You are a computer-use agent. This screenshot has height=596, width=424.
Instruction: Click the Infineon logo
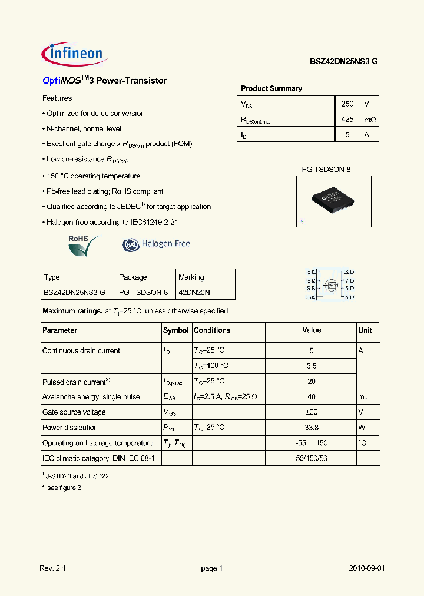coord(74,54)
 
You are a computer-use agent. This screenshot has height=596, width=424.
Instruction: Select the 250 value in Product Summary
coord(347,104)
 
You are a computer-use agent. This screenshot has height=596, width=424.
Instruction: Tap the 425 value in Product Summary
coord(347,119)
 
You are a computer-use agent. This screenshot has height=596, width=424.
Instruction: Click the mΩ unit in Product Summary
coord(369,120)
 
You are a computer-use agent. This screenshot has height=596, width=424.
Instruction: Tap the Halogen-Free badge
coord(157,244)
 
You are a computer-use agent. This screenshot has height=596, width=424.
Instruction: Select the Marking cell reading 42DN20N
coord(194,292)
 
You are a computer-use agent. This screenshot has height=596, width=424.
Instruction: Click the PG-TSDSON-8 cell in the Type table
coord(143,292)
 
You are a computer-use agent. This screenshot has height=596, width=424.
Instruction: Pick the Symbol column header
coord(175,330)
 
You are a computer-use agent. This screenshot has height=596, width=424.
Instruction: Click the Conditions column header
coord(212,330)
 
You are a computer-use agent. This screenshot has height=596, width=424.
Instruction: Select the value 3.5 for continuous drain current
coord(312,366)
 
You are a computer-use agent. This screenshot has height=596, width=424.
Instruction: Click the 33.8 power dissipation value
coord(312,428)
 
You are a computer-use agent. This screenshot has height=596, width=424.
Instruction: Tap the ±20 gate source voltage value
coord(312,412)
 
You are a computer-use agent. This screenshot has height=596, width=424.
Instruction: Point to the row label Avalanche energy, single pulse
coord(91,397)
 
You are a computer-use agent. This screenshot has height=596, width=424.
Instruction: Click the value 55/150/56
coord(312,458)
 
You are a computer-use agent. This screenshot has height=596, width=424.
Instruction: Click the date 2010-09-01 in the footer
coord(367,568)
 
